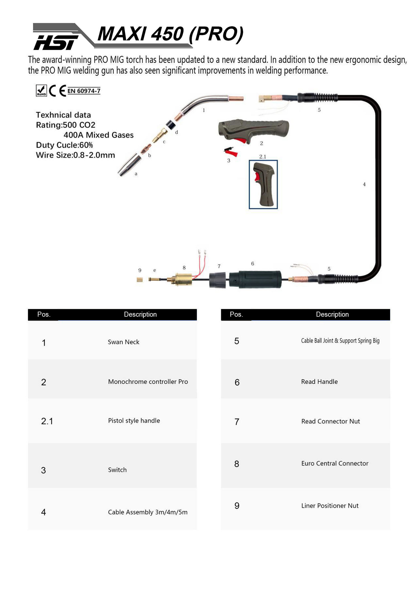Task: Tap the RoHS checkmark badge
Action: coord(41,91)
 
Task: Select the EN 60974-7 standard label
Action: coord(84,91)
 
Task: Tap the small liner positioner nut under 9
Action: coord(140,280)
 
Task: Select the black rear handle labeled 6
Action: coord(255,279)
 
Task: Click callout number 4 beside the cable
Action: coord(364,184)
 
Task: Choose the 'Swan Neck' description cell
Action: coord(123,342)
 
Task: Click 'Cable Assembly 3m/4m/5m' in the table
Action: coord(148,512)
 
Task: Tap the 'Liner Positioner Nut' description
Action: coord(330,506)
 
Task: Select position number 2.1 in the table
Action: coord(47,421)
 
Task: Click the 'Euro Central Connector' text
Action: coord(335,463)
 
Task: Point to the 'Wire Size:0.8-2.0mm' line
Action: coord(75,155)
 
